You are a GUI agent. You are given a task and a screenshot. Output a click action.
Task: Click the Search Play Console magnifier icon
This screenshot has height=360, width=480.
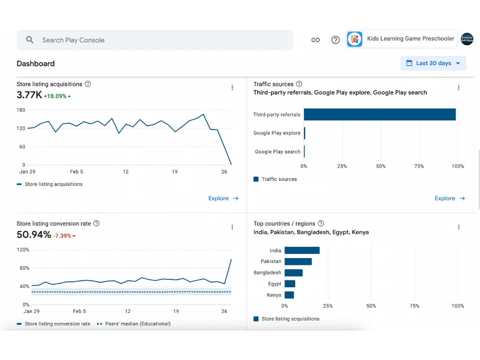point(30,40)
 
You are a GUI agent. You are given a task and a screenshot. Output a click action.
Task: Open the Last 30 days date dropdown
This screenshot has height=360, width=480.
point(433,63)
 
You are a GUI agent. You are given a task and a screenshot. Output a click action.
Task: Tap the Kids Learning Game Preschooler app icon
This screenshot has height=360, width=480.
point(355,39)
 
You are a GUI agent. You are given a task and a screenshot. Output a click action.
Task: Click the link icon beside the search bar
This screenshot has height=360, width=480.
point(315,40)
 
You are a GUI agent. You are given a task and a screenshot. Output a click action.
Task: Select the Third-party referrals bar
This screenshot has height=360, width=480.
point(380,115)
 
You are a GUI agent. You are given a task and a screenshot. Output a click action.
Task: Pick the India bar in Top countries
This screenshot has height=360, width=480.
point(302,251)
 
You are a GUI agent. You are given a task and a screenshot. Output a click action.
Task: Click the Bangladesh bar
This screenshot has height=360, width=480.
point(294,273)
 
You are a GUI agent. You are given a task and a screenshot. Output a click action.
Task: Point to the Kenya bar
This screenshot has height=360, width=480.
point(289,295)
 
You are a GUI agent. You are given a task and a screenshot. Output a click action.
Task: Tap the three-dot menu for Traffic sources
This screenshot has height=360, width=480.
point(458,87)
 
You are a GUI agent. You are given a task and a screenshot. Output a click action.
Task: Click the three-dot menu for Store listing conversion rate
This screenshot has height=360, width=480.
point(232,227)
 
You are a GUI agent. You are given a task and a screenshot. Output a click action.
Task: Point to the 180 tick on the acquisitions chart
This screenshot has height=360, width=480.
point(21,110)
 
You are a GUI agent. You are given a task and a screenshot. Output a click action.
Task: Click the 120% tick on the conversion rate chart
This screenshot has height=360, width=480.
point(23,250)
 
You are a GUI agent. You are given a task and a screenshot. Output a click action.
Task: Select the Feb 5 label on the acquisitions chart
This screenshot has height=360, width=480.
point(76,172)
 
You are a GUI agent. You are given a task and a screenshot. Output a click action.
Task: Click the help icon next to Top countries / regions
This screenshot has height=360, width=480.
point(321,224)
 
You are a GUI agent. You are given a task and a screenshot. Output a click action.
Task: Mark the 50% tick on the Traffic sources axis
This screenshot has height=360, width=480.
point(381,166)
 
